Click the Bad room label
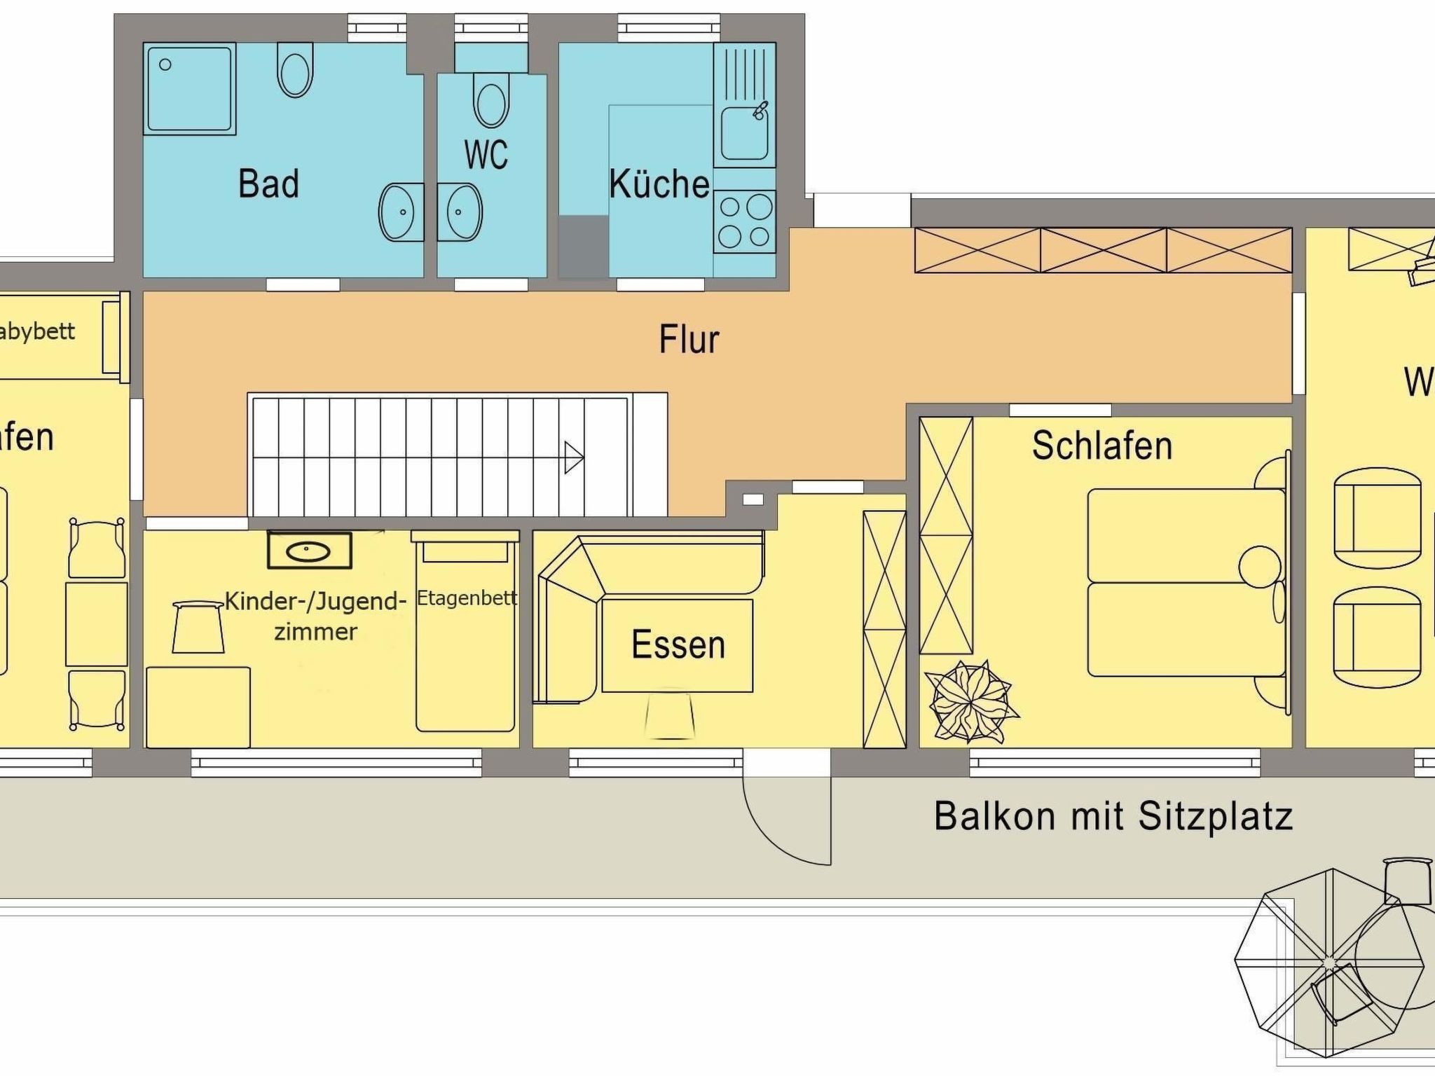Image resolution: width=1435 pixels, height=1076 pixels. tap(268, 184)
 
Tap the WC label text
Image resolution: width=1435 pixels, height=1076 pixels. tap(486, 155)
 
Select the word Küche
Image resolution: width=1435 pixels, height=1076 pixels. tap(659, 184)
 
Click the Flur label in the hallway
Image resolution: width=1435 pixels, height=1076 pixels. tap(689, 340)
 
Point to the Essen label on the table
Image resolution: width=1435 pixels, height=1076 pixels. tap(678, 645)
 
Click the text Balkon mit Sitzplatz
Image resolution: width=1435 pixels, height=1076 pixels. tap(1113, 817)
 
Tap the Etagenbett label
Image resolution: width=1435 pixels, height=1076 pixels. tap(467, 598)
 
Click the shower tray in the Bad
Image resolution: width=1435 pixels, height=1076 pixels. tap(189, 89)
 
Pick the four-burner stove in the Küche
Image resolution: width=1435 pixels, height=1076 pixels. tap(745, 221)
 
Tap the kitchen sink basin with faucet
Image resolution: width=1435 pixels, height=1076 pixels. tap(744, 133)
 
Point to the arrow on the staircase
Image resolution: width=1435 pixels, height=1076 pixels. tap(574, 458)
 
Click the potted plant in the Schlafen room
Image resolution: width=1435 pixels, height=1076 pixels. tap(972, 701)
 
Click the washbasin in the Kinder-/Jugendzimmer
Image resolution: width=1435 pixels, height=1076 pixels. tap(309, 551)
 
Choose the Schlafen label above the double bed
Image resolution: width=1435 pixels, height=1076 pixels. tap(1101, 446)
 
